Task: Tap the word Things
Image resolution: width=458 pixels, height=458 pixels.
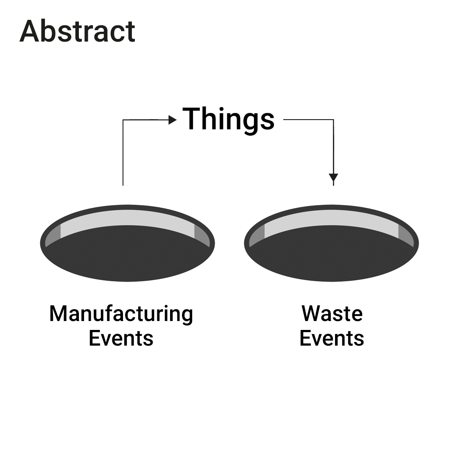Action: [x=229, y=120]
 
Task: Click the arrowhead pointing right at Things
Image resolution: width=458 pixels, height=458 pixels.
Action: [x=173, y=120]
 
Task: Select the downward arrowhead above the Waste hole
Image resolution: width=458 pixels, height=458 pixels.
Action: [x=333, y=178]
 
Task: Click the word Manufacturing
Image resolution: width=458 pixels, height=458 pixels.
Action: [x=121, y=315]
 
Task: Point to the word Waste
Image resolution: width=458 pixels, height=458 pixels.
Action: [x=332, y=314]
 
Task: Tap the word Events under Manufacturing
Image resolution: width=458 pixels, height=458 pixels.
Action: [x=121, y=338]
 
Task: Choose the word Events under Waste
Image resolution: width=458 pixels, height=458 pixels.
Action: [x=332, y=338]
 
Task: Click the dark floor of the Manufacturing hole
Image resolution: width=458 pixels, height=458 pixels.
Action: [x=128, y=254]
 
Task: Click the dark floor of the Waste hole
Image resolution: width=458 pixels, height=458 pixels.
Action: [x=332, y=254]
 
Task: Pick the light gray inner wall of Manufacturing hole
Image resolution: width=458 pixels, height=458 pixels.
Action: [x=127, y=217]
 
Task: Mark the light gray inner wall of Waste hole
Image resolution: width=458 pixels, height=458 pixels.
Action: [x=331, y=217]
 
